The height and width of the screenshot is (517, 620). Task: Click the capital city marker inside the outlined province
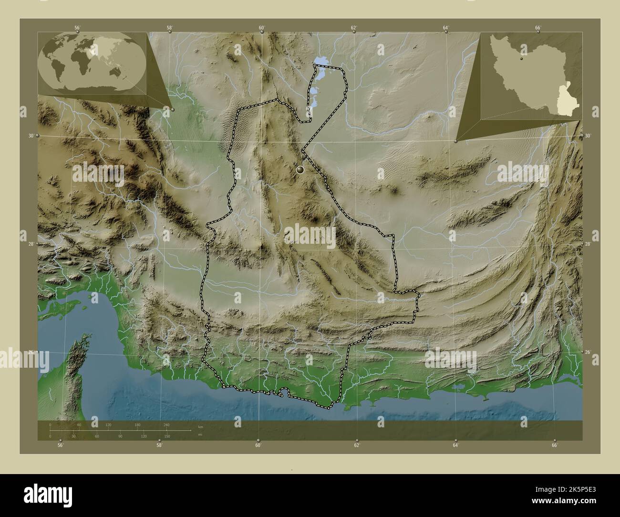click(x=300, y=169)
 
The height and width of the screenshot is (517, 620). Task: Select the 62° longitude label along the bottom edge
click(x=356, y=445)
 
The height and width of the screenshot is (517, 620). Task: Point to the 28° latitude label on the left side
click(x=31, y=244)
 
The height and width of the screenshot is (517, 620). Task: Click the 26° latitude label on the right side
click(x=588, y=352)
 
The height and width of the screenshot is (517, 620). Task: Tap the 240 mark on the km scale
click(x=166, y=424)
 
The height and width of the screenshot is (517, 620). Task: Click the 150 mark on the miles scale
click(x=166, y=436)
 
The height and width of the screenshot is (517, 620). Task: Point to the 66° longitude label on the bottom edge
click(x=554, y=445)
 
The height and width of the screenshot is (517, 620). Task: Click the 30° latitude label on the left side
click(x=31, y=136)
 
